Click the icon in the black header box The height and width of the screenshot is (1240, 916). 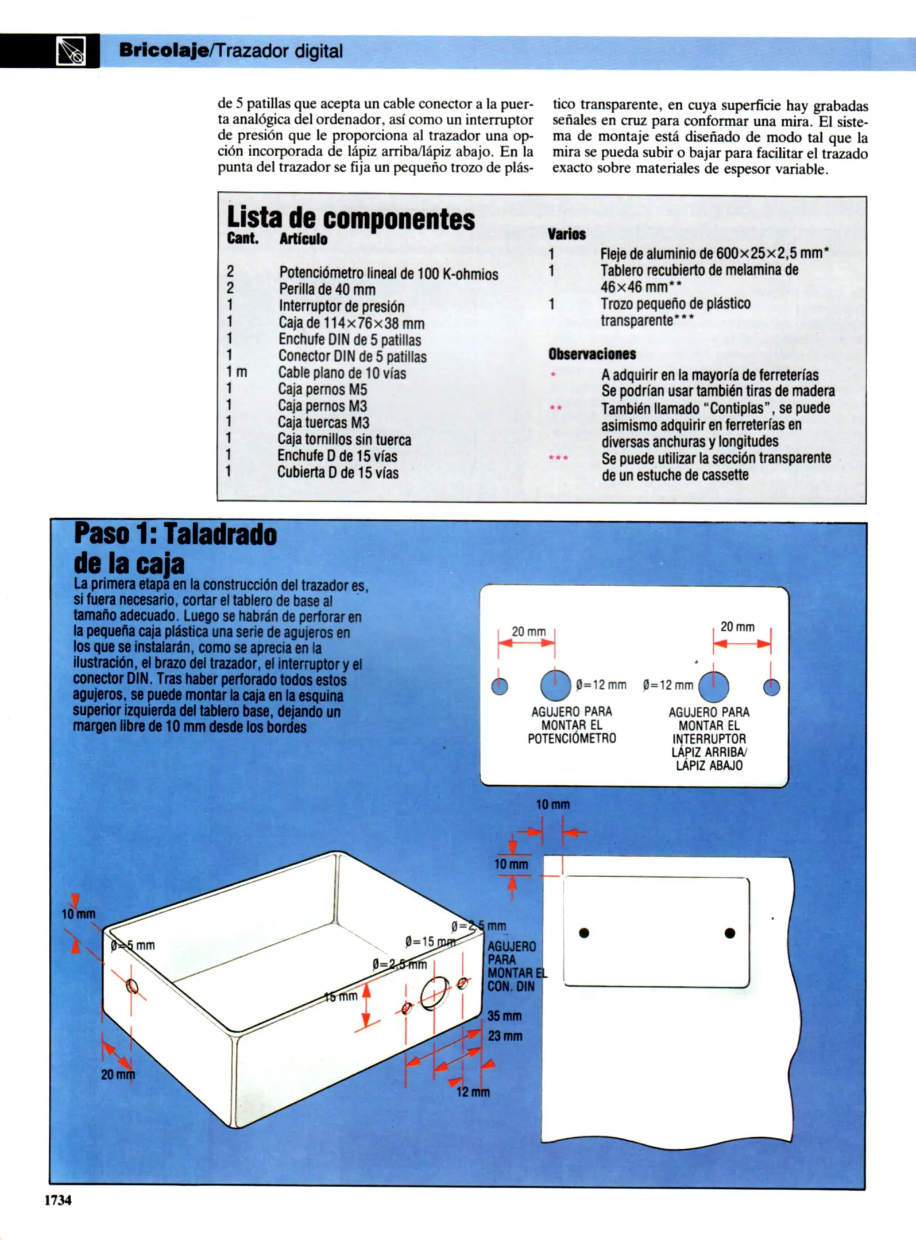[71, 51]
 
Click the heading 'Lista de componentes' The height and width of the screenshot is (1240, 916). [350, 218]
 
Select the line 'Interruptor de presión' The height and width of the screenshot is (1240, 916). [341, 307]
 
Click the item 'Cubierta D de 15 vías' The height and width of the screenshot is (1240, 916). [338, 473]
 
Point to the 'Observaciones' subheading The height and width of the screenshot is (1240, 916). [592, 354]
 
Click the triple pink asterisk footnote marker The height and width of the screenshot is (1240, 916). [558, 458]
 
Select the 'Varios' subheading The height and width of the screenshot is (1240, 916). [566, 234]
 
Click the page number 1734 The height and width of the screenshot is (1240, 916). [58, 1199]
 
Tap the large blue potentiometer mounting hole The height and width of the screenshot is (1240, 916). [555, 685]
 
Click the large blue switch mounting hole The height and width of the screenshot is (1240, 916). [713, 687]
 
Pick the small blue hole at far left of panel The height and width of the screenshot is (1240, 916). [500, 686]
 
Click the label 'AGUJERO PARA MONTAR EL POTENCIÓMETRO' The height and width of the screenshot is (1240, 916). [571, 725]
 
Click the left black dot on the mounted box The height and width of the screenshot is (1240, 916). [584, 933]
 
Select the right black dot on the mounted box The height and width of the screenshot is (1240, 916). [730, 933]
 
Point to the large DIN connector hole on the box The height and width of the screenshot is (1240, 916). [435, 993]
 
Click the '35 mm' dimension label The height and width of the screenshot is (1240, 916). [504, 1016]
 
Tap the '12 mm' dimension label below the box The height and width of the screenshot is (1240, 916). [473, 1092]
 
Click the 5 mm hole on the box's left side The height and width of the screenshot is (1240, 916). [132, 986]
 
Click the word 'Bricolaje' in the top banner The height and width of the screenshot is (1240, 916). [163, 51]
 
